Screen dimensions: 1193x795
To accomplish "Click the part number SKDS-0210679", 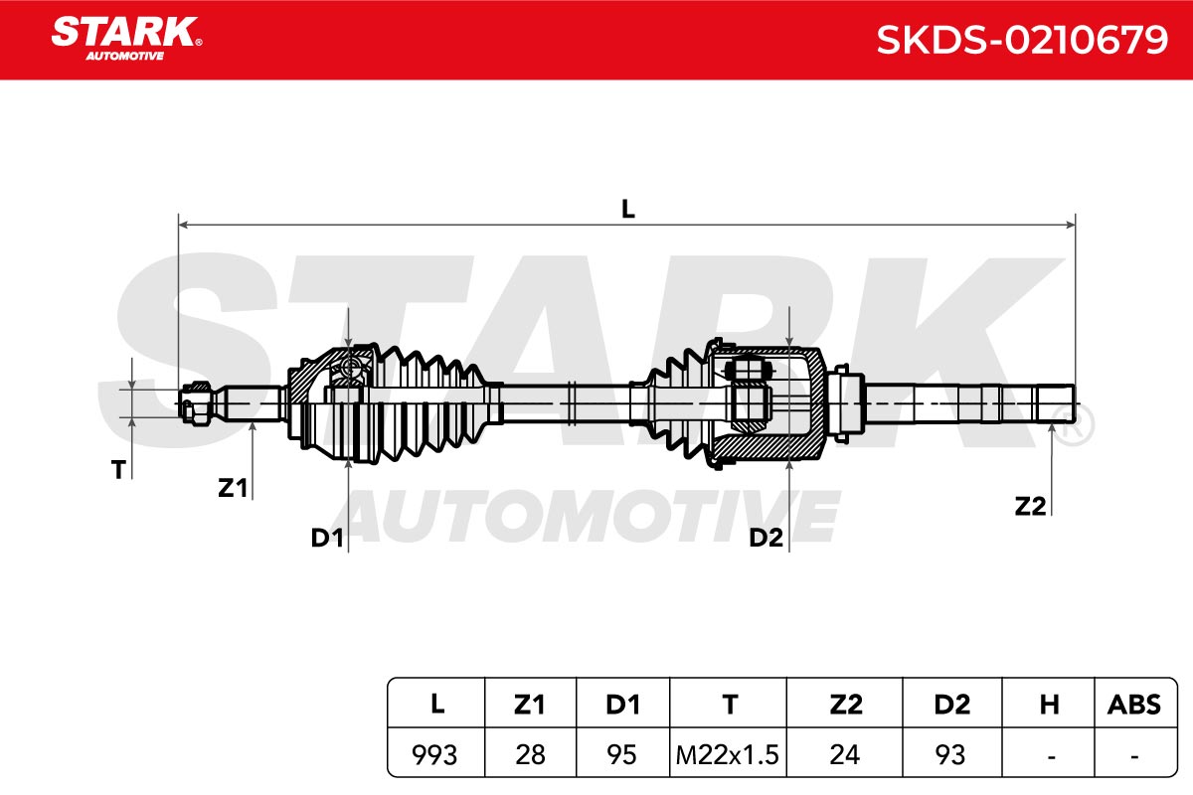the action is click(1022, 40).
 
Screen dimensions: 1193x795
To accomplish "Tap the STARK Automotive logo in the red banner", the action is click(126, 39).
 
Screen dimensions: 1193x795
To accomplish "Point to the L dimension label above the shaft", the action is click(628, 210).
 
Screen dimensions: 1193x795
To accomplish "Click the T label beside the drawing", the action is click(118, 470).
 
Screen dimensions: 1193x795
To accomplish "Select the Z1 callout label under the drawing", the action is click(233, 488).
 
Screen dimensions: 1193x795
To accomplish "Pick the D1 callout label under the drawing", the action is click(327, 539).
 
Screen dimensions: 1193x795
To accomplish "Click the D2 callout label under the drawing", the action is click(766, 539).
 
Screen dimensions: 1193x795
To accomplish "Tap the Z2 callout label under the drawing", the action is click(1030, 507).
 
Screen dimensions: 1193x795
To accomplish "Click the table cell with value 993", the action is click(434, 755).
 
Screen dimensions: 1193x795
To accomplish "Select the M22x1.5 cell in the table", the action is click(727, 755).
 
